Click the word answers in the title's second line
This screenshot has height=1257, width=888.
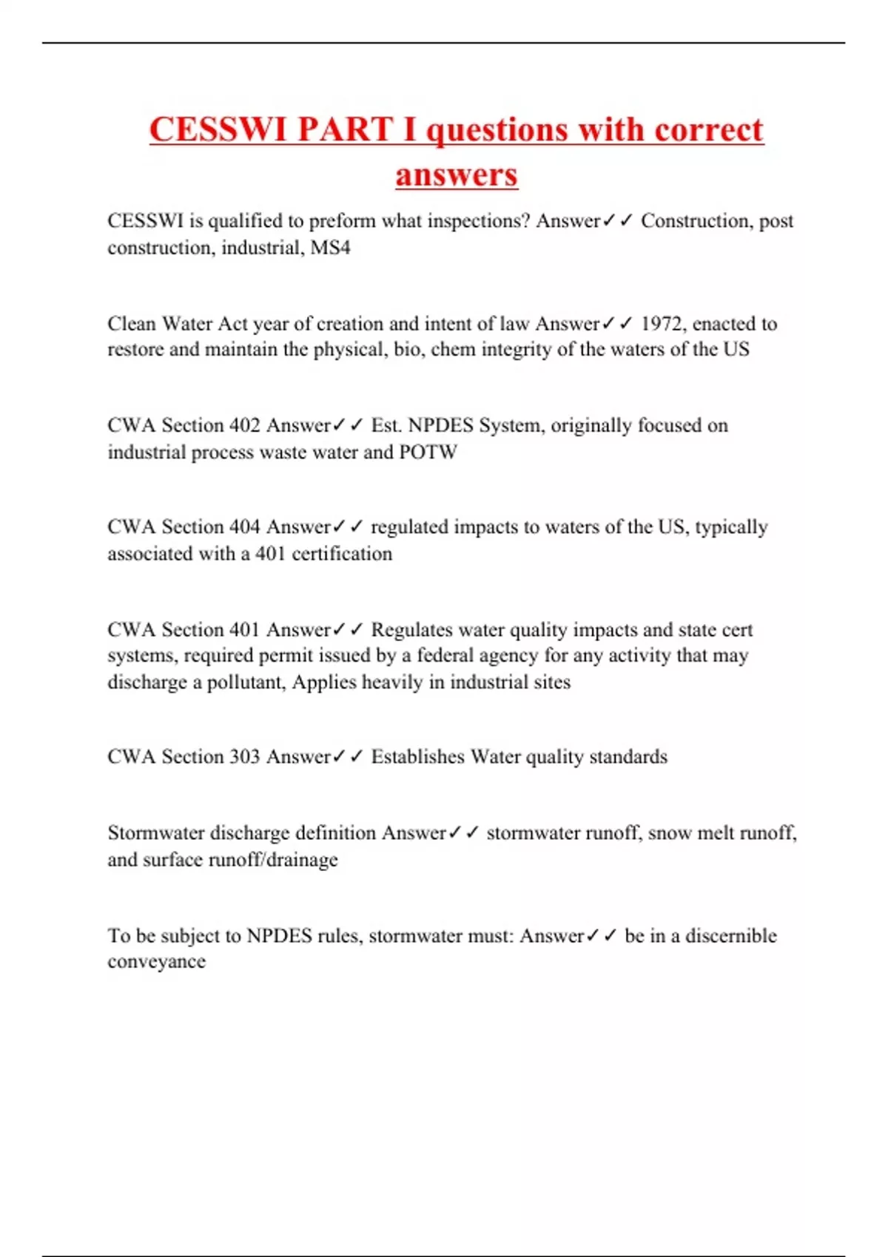(457, 175)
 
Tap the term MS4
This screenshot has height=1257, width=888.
(330, 248)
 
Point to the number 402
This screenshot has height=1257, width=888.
(244, 425)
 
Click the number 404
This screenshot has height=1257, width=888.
(244, 526)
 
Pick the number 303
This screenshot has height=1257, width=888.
(244, 756)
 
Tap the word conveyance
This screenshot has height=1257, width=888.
(156, 962)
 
